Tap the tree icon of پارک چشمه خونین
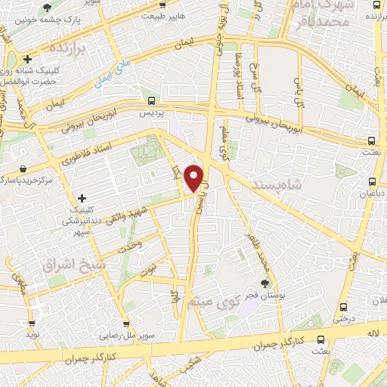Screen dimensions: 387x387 [x=47, y=8]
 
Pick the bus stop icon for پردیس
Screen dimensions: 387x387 [x=152, y=100]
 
